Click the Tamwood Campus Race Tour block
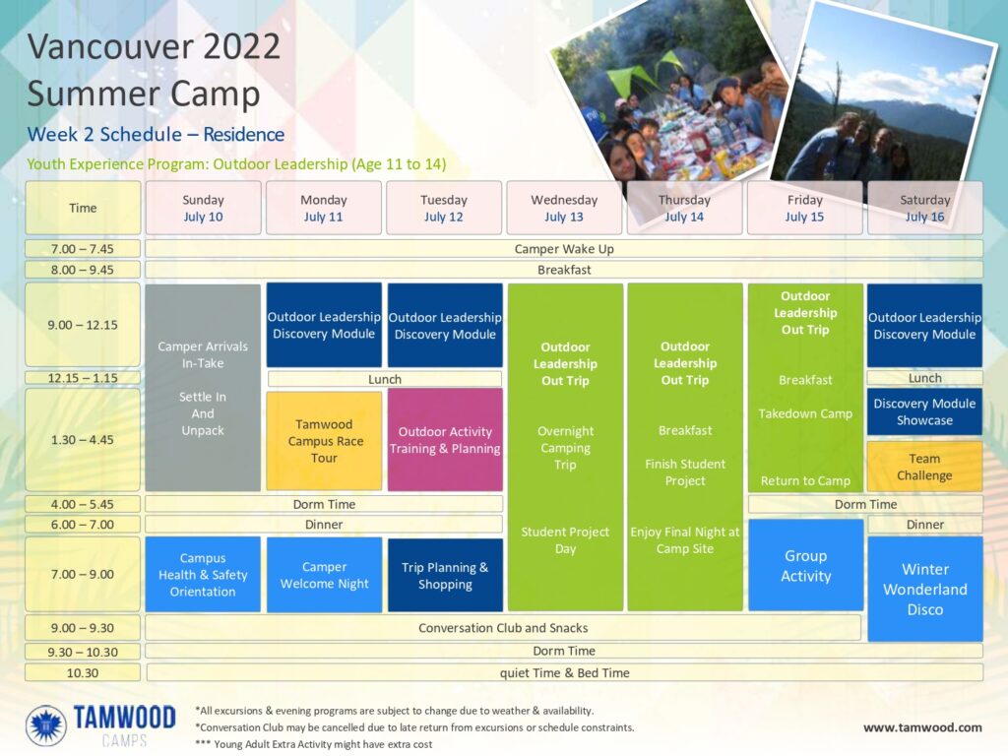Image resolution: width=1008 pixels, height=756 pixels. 324,441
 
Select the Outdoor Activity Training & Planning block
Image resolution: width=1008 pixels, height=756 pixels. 445,440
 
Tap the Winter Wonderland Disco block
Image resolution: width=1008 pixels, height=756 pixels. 925,589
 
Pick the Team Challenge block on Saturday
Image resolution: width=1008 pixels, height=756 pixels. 924,467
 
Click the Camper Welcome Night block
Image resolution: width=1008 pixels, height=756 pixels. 324,575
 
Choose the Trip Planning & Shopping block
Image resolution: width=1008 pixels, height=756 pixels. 445,575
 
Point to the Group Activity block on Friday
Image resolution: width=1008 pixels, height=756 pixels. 805,565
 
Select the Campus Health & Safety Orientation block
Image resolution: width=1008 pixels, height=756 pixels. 203,574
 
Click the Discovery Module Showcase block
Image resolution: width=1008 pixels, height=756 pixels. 924,411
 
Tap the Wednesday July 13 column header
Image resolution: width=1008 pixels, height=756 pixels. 564,208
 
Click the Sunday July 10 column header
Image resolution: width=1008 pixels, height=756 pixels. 203,208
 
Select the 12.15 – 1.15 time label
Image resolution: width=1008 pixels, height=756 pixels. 83,378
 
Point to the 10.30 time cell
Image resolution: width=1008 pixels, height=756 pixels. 83,673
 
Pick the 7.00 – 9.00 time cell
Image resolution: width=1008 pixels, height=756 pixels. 83,574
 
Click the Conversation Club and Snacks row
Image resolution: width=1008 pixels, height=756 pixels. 503,627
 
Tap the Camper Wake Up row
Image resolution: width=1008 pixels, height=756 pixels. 564,249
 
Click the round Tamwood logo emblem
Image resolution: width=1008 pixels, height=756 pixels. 45,725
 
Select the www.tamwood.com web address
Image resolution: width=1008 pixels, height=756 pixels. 922,727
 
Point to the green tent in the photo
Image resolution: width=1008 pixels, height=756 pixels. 633,85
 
